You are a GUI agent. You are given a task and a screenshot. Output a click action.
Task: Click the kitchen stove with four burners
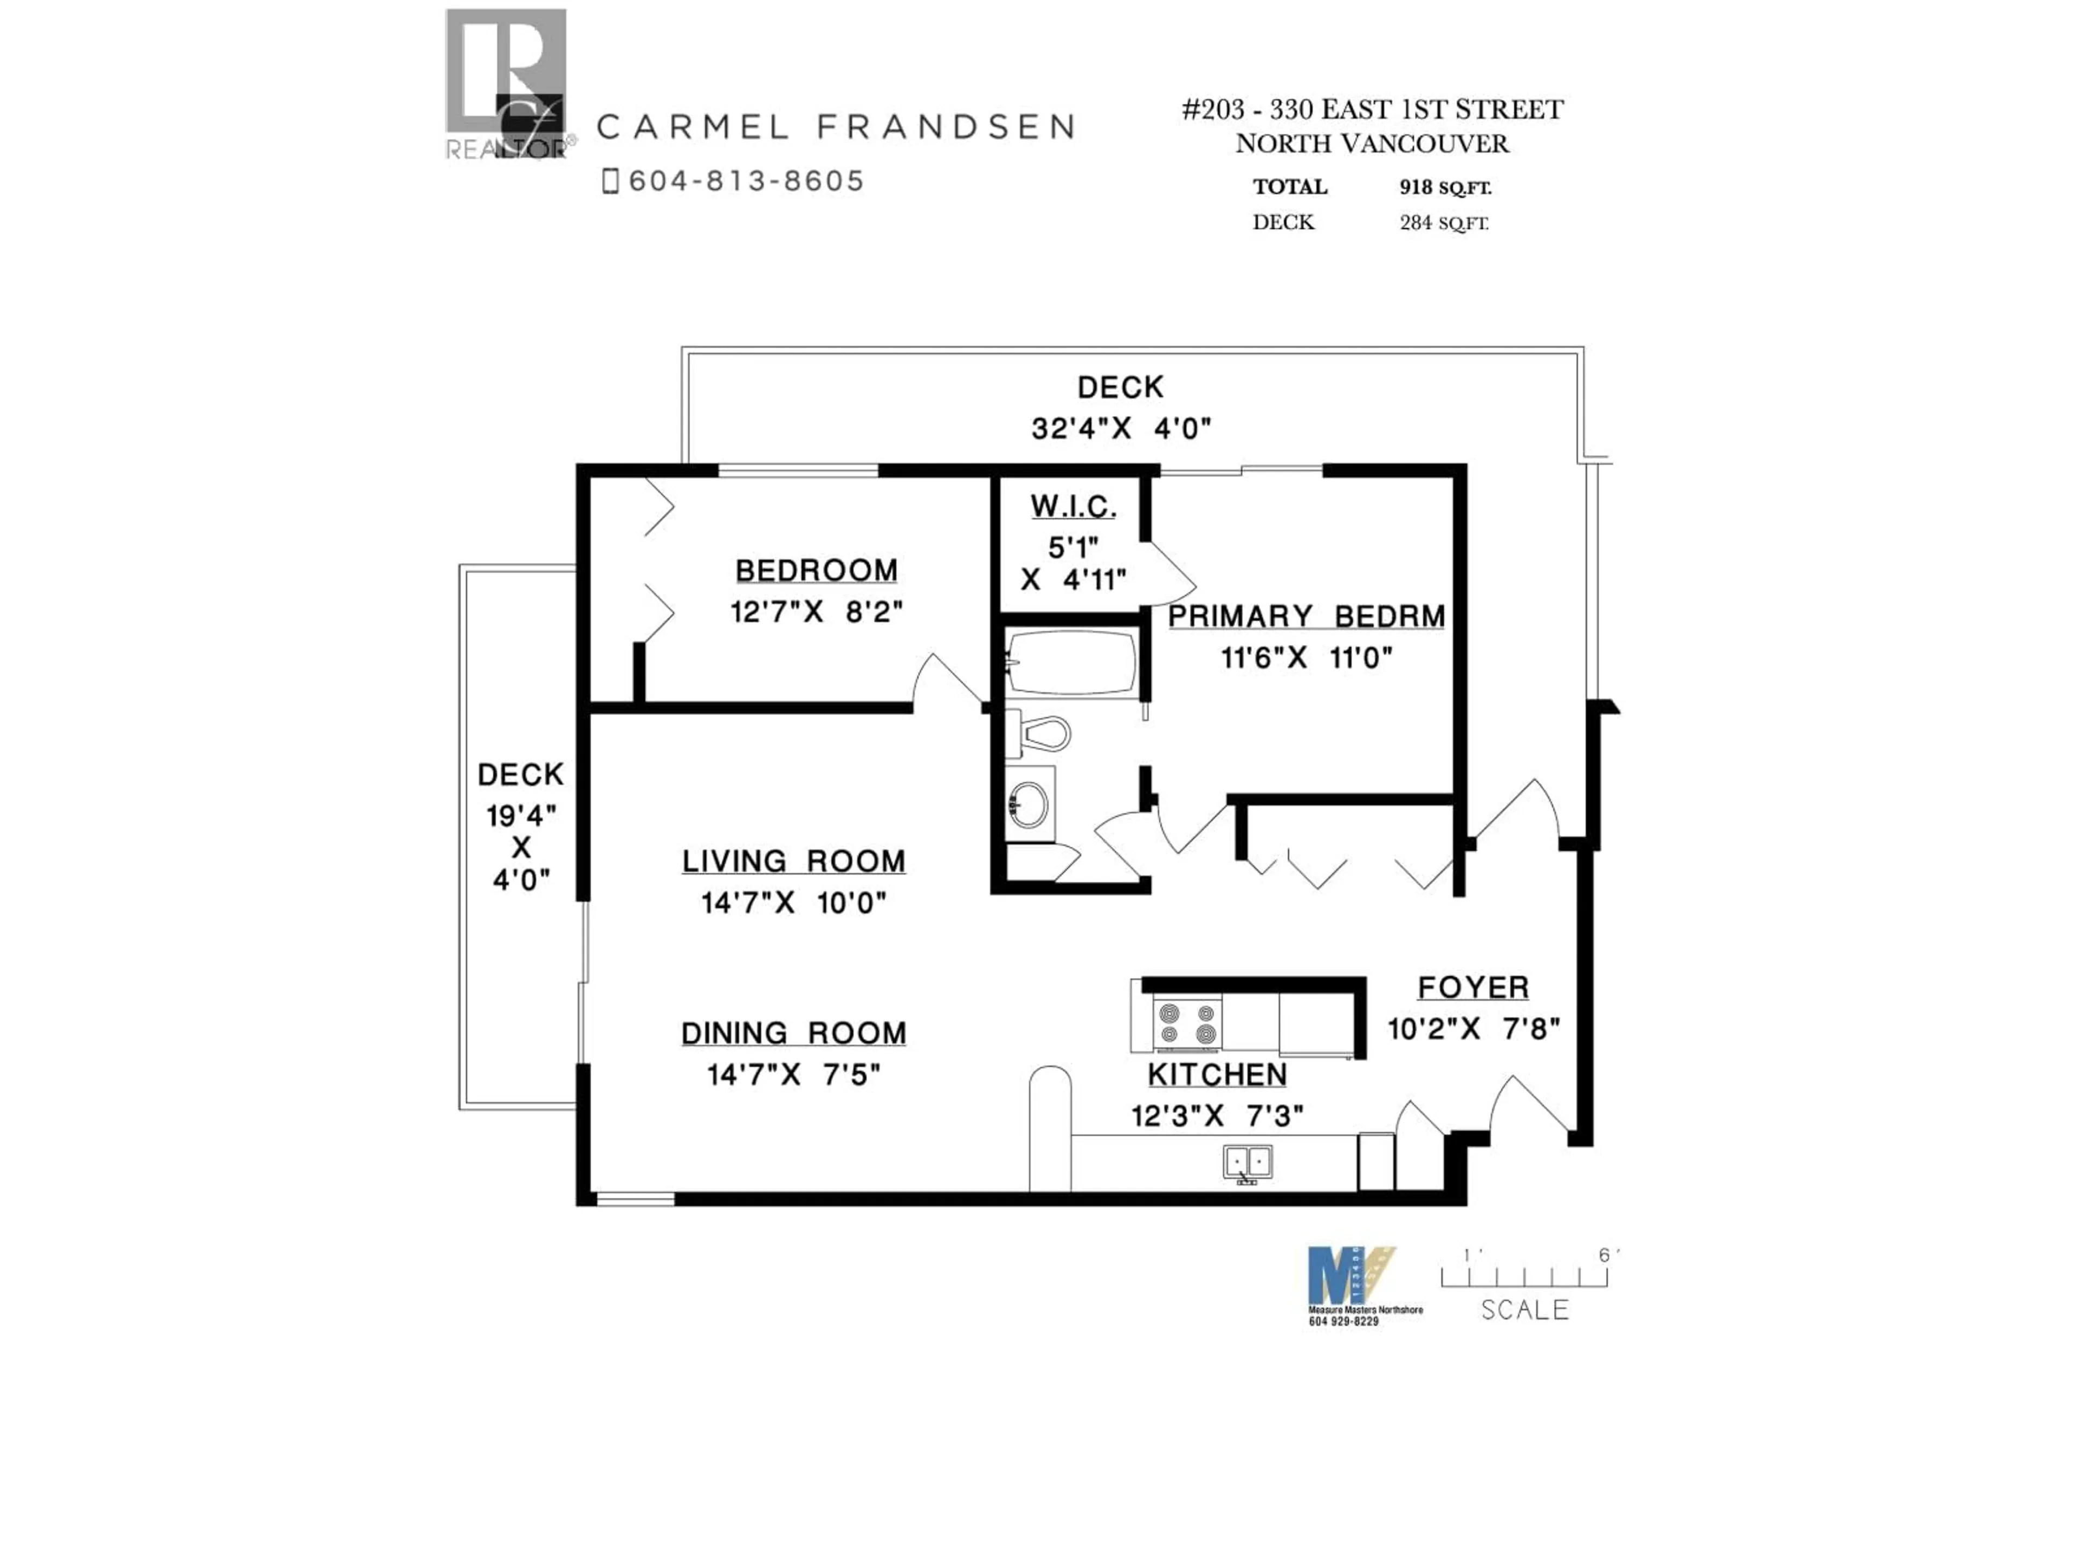pyautogui.click(x=1187, y=1024)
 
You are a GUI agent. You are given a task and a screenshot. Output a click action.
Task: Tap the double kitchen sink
pyautogui.click(x=1248, y=1163)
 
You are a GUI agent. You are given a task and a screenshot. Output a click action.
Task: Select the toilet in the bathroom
pyautogui.click(x=1039, y=733)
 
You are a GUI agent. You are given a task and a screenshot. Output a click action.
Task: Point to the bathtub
pyautogui.click(x=1071, y=662)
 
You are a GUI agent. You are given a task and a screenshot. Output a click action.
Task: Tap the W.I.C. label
pyautogui.click(x=1072, y=507)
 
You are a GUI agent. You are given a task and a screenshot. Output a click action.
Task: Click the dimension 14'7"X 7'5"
pyautogui.click(x=793, y=1074)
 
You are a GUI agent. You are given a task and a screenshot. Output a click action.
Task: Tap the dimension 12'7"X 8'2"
pyautogui.click(x=816, y=612)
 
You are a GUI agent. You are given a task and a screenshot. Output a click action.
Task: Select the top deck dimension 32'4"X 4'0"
pyautogui.click(x=1121, y=429)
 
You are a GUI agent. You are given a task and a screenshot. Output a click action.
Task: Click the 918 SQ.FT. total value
pyautogui.click(x=1445, y=187)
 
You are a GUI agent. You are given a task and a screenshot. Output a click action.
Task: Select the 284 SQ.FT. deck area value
pyautogui.click(x=1443, y=223)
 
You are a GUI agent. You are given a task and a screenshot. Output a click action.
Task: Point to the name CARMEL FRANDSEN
pyautogui.click(x=836, y=127)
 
